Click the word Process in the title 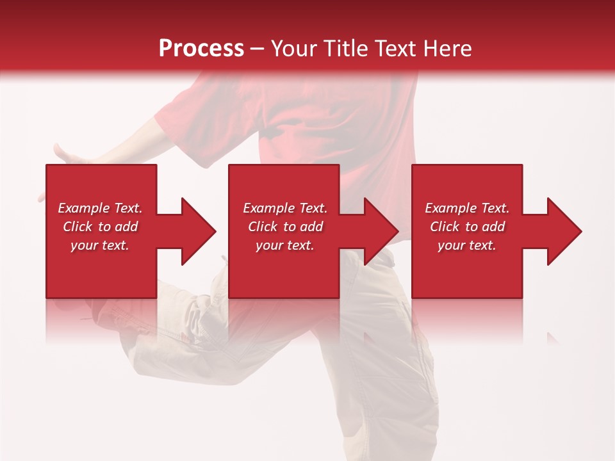(201, 49)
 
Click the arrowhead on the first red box (195, 231)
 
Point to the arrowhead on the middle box (379, 231)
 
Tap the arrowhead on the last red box (561, 231)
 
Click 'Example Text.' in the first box (100, 208)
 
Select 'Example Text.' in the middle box (284, 208)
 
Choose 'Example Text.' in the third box (467, 208)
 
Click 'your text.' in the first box (100, 245)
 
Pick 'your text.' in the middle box (284, 245)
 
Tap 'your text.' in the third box (467, 245)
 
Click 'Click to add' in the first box (100, 227)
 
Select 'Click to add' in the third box (467, 227)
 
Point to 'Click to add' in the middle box (284, 227)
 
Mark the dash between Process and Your (258, 49)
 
